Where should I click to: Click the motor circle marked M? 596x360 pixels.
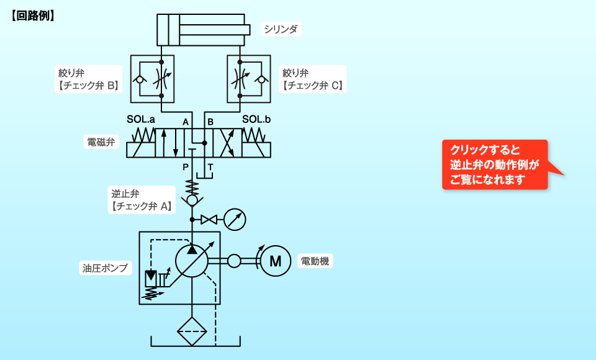(x=275, y=261)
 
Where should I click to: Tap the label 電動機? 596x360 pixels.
(x=315, y=261)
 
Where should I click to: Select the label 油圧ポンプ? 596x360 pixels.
(x=105, y=268)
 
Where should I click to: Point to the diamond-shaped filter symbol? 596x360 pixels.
(x=192, y=331)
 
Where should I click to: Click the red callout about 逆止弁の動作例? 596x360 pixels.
(x=495, y=164)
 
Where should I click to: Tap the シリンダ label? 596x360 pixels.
(x=281, y=29)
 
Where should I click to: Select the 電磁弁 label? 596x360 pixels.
(x=100, y=142)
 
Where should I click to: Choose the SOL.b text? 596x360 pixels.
(x=256, y=119)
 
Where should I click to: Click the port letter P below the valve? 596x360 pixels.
(x=185, y=167)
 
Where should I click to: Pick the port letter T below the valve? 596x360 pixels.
(x=210, y=167)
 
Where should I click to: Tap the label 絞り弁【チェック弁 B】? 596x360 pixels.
(x=88, y=79)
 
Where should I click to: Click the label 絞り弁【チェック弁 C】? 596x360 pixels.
(x=312, y=79)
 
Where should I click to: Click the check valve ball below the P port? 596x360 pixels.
(x=192, y=200)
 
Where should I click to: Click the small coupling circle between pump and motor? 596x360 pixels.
(x=234, y=261)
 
